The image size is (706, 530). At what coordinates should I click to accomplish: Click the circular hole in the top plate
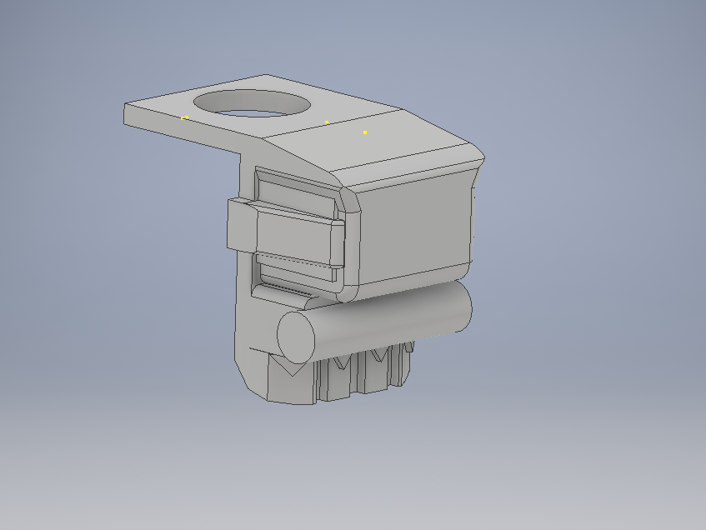252,103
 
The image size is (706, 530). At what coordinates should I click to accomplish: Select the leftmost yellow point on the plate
184,117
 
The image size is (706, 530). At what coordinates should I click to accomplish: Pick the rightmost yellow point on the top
364,132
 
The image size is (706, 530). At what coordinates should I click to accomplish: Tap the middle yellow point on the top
326,122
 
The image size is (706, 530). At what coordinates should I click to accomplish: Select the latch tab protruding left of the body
242,225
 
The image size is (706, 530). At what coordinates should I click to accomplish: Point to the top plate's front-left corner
126,106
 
